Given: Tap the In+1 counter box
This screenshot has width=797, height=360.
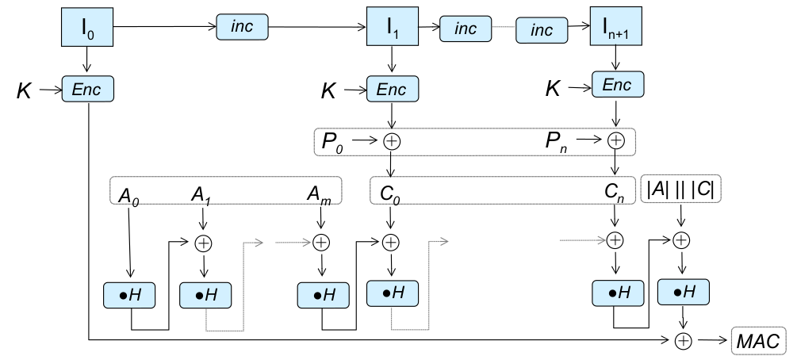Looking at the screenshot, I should [616, 29].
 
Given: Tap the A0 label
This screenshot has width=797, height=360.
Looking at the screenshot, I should [127, 194].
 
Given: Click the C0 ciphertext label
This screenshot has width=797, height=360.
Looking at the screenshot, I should [390, 193].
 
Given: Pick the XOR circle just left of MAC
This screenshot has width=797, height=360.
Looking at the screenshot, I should [682, 340].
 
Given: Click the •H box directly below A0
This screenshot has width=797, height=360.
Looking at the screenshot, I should [129, 295].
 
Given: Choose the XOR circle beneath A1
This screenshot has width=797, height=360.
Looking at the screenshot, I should [203, 242].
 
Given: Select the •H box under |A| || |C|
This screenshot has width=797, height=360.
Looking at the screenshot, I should [683, 292].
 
